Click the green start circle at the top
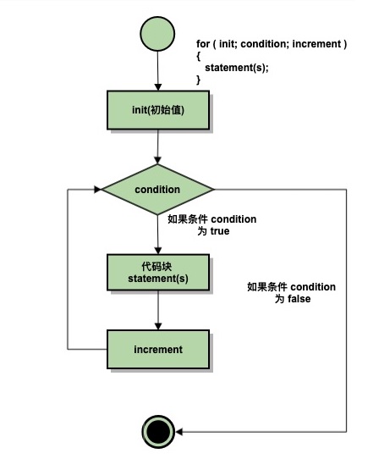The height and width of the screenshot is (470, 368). [157, 34]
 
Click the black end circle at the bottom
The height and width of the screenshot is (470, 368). [158, 432]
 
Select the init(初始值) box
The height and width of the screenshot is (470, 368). [158, 110]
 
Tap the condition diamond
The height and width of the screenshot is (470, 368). [158, 190]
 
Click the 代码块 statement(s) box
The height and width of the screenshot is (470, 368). [158, 273]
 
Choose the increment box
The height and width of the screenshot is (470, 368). [158, 350]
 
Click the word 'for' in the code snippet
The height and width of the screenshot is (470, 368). [203, 44]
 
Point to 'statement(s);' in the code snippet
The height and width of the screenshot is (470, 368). [237, 68]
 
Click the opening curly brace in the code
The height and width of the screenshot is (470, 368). [198, 56]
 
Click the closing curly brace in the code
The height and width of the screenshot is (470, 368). [198, 80]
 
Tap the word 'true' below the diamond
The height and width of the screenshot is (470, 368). [220, 231]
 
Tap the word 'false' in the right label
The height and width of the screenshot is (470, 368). [299, 299]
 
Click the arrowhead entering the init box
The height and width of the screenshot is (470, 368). [158, 87]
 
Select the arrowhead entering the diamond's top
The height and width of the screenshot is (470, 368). [158, 160]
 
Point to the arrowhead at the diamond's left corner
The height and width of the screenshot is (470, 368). [97, 190]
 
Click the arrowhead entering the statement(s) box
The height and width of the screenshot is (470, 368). [158, 251]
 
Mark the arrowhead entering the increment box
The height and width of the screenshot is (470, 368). [158, 326]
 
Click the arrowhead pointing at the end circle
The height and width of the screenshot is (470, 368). [179, 432]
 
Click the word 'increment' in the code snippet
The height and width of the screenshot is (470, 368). [316, 44]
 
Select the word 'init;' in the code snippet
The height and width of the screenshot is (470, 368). [228, 44]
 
